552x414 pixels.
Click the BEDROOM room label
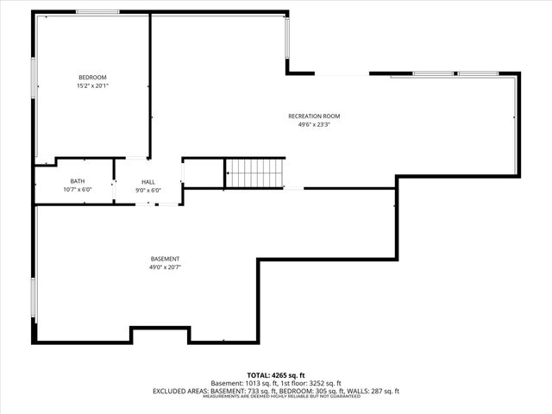pyautogui.click(x=92, y=77)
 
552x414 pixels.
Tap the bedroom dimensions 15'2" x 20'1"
pyautogui.click(x=92, y=85)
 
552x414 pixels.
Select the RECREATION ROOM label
pyautogui.click(x=314, y=116)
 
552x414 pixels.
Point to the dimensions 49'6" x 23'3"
pyautogui.click(x=314, y=124)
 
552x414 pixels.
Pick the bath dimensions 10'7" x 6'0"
pyautogui.click(x=77, y=190)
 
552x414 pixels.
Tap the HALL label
pyautogui.click(x=148, y=182)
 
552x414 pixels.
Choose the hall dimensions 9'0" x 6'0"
pyautogui.click(x=148, y=190)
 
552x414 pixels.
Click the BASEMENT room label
pyautogui.click(x=165, y=260)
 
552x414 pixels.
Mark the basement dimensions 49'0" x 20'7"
pyautogui.click(x=165, y=267)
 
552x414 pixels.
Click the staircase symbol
pyautogui.click(x=254, y=172)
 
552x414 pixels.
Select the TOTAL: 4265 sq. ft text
pyautogui.click(x=276, y=375)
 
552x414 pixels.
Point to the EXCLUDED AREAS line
pyautogui.click(x=276, y=391)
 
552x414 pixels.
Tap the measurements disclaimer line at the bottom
pyautogui.click(x=276, y=397)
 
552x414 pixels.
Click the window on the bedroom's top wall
pyautogui.click(x=97, y=11)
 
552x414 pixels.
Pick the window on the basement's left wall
pyautogui.click(x=34, y=298)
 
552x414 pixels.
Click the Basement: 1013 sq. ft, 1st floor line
pyautogui.click(x=276, y=383)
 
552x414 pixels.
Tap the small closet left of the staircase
pyautogui.click(x=204, y=172)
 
